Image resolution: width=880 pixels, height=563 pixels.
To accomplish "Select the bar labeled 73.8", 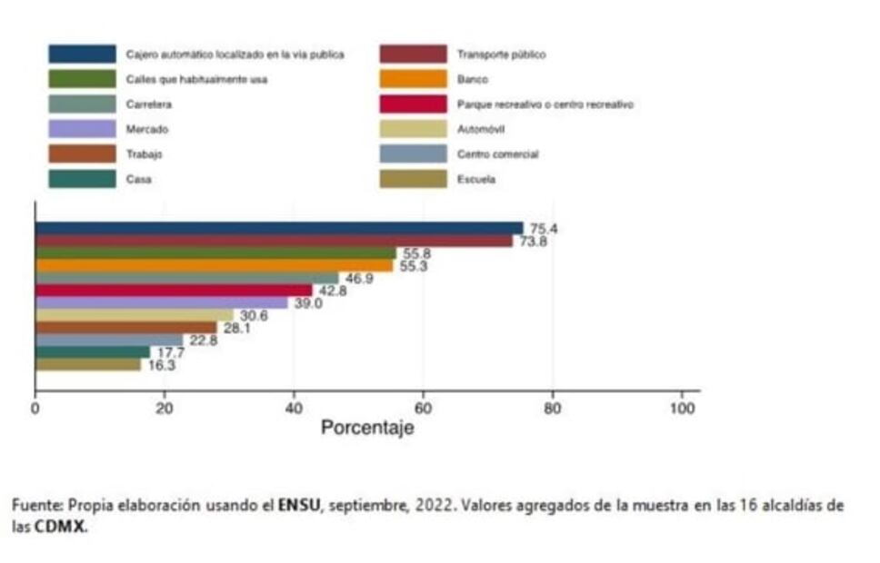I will coord(273,241).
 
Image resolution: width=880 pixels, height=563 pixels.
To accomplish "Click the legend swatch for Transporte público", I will coord(413,54).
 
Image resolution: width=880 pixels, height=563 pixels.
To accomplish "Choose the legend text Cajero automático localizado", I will coord(235,54).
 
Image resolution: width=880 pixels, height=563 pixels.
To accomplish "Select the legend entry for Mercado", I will coord(146,130).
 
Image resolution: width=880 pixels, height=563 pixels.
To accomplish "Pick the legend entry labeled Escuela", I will coord(478,180).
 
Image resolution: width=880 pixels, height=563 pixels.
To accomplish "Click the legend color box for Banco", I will coord(413,80).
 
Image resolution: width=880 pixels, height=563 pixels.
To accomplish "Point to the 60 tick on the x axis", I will coord(422,409).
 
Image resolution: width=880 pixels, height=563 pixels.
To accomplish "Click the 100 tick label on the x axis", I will coord(681,409).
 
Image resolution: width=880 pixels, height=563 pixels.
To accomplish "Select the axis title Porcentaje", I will coord(367,428).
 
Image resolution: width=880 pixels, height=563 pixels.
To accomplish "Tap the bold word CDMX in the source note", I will coord(60,527).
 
